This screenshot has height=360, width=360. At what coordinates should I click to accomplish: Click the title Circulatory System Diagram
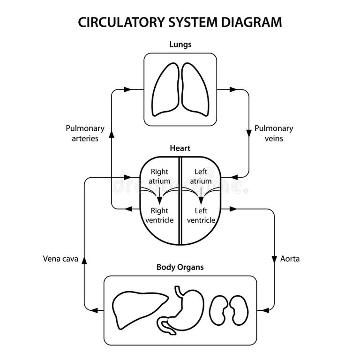[x=180, y=22]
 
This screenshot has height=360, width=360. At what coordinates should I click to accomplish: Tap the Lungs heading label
[x=180, y=45]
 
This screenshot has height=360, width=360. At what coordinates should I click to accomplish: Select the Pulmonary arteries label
[x=85, y=133]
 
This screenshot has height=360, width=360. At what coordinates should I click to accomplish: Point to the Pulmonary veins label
[x=274, y=133]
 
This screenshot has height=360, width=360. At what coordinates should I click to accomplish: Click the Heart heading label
[x=180, y=149]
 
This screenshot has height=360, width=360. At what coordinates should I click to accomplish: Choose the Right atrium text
[x=159, y=176]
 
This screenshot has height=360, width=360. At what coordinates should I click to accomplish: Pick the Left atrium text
[x=201, y=176]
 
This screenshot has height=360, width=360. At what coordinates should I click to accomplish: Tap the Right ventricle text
[x=159, y=216]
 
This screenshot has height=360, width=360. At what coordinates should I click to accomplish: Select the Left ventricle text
[x=201, y=216]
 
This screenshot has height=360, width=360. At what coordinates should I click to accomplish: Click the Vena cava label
[x=60, y=258]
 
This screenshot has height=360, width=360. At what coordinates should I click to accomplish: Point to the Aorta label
[x=290, y=258]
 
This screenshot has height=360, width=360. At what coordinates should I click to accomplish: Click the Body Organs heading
[x=180, y=268]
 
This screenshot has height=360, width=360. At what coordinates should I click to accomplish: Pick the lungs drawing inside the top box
[x=180, y=89]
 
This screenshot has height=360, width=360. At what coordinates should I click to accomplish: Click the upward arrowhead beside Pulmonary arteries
[x=112, y=134]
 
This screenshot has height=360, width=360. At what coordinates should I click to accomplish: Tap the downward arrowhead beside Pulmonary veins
[x=248, y=134]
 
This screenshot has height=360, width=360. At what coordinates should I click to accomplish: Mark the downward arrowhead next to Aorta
[x=273, y=258]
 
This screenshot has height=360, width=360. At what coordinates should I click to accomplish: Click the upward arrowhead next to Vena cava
[x=84, y=258]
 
